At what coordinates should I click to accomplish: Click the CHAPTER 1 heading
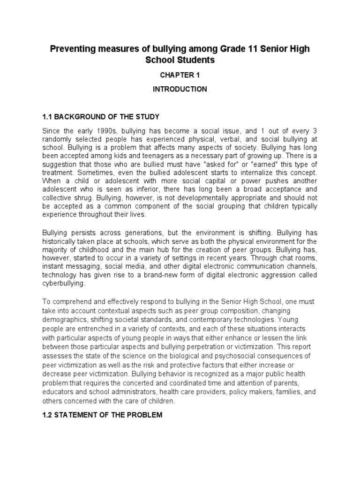[x=180, y=75]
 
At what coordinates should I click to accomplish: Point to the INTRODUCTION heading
[x=180, y=89]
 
